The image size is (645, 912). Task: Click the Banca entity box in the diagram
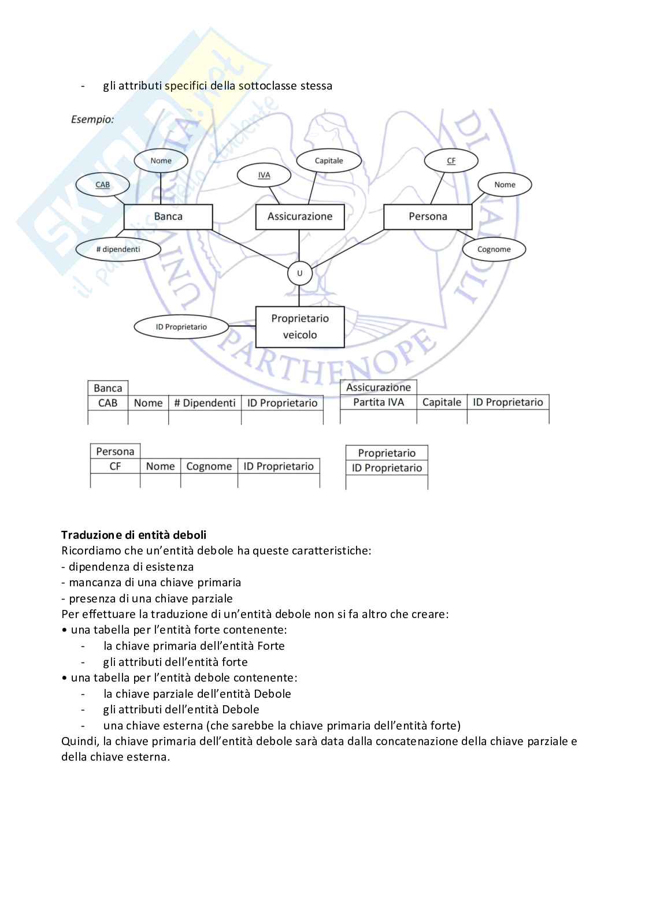point(168,217)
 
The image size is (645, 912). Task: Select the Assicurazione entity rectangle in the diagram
point(299,217)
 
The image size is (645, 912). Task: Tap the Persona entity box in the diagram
point(428,217)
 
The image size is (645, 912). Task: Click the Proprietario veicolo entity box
point(300,326)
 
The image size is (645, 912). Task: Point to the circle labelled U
point(299,273)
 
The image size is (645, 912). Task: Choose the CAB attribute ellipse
point(102,185)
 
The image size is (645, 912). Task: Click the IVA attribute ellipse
point(264,175)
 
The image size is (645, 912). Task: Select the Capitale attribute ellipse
point(329,161)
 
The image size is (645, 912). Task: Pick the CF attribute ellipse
point(451,161)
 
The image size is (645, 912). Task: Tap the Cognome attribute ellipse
point(494,250)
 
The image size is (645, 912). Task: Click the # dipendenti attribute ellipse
point(118,250)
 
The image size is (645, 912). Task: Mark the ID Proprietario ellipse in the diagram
point(181,327)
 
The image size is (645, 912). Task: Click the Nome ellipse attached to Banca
point(161,161)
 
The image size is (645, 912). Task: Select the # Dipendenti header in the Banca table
point(205,403)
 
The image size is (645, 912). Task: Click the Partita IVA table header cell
point(379,402)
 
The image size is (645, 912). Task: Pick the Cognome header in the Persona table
point(209,466)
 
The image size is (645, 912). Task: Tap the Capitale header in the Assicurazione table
point(442,402)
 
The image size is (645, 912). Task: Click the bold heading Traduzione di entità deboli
point(134,535)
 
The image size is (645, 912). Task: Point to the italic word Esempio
point(92,120)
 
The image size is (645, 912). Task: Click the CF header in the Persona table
point(115,466)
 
